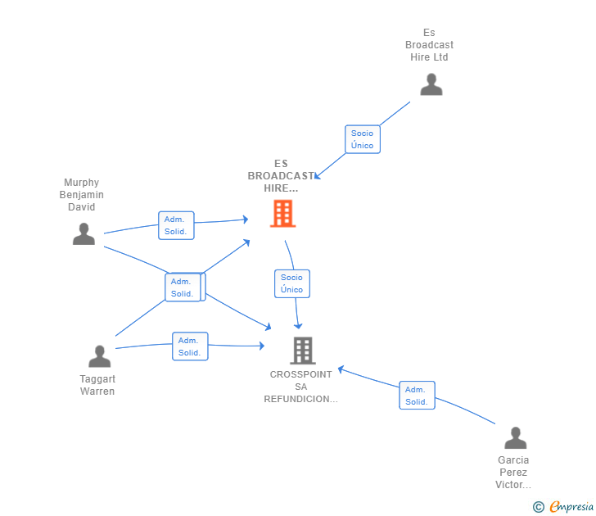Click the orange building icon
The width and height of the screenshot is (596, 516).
pyautogui.click(x=282, y=214)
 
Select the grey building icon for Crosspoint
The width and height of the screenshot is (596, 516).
pyautogui.click(x=303, y=351)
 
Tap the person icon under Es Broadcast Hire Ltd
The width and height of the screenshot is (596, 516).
pyautogui.click(x=431, y=84)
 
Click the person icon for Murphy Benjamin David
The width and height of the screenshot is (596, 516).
pyautogui.click(x=84, y=233)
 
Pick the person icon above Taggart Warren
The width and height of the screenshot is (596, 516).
pyautogui.click(x=99, y=356)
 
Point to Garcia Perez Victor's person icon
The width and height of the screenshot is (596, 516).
pyautogui.click(x=515, y=438)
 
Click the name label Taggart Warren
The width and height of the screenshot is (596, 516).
pyautogui.click(x=97, y=385)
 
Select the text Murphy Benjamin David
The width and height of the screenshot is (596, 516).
pyautogui.click(x=82, y=195)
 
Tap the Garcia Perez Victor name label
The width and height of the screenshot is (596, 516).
pyautogui.click(x=512, y=472)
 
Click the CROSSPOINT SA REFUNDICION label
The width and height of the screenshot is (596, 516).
pyautogui.click(x=301, y=387)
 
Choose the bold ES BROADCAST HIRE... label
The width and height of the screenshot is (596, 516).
pyautogui.click(x=281, y=176)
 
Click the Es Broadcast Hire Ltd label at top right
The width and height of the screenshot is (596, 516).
pyautogui.click(x=429, y=45)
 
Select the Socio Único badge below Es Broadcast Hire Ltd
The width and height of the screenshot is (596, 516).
pyautogui.click(x=362, y=139)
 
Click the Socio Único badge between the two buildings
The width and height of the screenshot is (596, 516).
pyautogui.click(x=291, y=283)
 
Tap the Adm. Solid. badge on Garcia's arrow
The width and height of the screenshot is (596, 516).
pyautogui.click(x=416, y=396)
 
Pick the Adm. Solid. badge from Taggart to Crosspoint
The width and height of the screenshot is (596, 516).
pyautogui.click(x=189, y=346)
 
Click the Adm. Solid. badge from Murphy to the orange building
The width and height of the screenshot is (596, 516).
pyautogui.click(x=175, y=225)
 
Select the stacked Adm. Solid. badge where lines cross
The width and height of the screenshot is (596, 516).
pyautogui.click(x=183, y=287)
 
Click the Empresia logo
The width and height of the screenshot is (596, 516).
pyautogui.click(x=571, y=507)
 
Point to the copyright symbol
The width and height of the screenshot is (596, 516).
pyautogui.click(x=538, y=507)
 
